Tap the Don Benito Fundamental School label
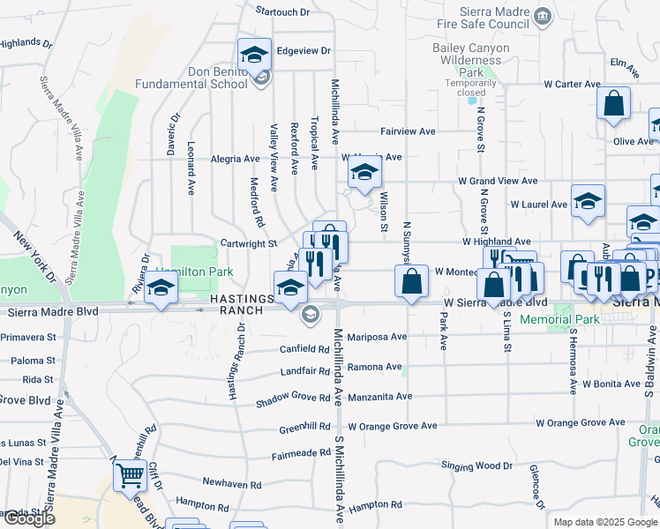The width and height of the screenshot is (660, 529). click(x=191, y=78)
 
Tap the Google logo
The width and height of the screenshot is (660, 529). click(x=28, y=518)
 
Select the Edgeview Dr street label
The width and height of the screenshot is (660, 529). click(x=303, y=51)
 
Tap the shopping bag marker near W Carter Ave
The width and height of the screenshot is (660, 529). click(x=613, y=103)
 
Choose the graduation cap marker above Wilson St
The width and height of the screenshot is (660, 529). click(x=364, y=173)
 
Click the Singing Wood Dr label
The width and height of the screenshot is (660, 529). click(x=476, y=466)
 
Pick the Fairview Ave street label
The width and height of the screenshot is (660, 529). click(x=408, y=131)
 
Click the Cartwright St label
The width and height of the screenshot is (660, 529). click(x=249, y=243)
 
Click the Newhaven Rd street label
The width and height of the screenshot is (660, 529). click(x=231, y=484)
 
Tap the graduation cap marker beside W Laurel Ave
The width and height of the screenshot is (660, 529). click(x=588, y=202)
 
